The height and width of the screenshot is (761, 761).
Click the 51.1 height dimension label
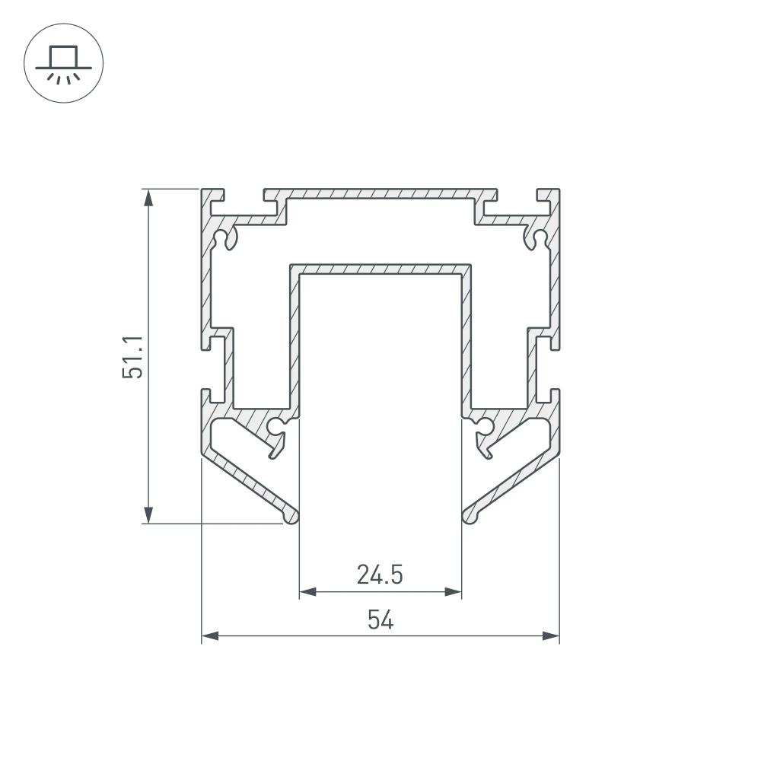(x=133, y=357)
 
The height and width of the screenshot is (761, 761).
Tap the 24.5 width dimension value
(x=380, y=575)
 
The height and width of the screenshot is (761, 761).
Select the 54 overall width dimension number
(x=380, y=619)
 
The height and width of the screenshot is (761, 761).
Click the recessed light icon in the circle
(x=64, y=64)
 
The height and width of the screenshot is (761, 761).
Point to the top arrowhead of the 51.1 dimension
(x=148, y=198)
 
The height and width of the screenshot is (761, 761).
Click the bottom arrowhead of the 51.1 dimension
(x=148, y=515)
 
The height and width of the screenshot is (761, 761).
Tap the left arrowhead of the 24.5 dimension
(x=307, y=591)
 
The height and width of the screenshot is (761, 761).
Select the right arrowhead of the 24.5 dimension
(x=453, y=591)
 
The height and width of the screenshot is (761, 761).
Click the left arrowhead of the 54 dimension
(x=210, y=635)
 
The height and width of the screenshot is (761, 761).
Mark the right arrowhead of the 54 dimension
(x=551, y=635)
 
